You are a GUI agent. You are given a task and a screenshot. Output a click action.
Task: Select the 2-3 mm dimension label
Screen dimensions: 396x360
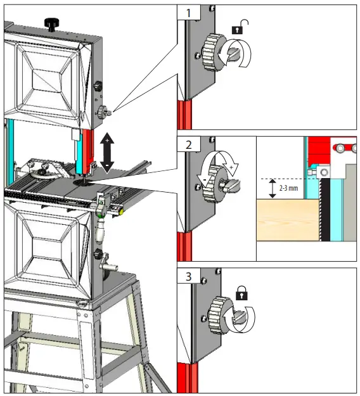tap(290, 188)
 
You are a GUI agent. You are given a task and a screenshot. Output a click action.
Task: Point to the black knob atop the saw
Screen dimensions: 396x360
tap(51, 23)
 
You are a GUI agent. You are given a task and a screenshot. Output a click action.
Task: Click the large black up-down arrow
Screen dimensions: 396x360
tap(106, 152)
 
